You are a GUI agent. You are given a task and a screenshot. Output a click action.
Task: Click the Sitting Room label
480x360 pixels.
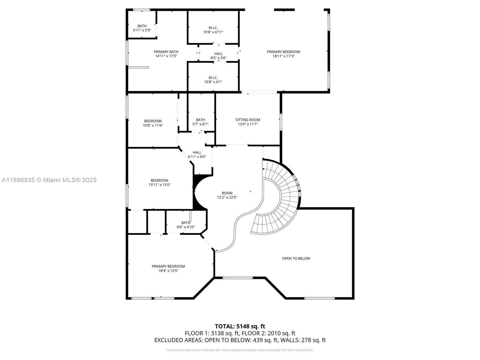(x=248, y=120)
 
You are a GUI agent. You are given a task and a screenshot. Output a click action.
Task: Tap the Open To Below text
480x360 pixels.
(x=296, y=258)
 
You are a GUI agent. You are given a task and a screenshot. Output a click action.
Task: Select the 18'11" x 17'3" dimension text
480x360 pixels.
(x=283, y=56)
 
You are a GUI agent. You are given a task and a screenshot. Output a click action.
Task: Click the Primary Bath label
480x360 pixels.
(x=166, y=52)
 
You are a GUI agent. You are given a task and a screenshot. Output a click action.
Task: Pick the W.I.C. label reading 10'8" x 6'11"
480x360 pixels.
(x=213, y=30)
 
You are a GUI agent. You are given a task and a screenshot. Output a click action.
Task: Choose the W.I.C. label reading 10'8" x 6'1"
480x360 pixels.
(x=213, y=79)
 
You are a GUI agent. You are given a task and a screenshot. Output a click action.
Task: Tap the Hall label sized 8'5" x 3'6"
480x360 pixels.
(x=218, y=56)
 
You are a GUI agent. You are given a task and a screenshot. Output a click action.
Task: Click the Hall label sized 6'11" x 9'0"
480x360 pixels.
(x=197, y=154)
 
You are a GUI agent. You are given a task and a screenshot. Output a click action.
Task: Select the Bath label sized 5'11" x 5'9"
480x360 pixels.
(x=142, y=28)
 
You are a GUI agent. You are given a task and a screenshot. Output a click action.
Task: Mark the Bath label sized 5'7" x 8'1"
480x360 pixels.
(x=200, y=122)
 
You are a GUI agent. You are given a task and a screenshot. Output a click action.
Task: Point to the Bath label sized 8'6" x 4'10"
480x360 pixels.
(x=186, y=225)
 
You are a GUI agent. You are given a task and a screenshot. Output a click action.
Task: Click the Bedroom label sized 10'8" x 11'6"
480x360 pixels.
(x=153, y=123)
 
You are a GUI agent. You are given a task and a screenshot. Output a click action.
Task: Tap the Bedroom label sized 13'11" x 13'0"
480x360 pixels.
(x=159, y=183)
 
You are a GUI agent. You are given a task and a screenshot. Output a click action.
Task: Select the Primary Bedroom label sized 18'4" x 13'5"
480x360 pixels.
(x=168, y=268)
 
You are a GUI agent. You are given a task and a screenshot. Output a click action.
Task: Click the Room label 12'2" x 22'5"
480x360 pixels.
(x=227, y=195)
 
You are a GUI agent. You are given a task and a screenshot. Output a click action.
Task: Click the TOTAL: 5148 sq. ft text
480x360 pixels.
(x=240, y=326)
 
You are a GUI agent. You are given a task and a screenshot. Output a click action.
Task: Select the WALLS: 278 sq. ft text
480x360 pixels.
(x=303, y=340)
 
